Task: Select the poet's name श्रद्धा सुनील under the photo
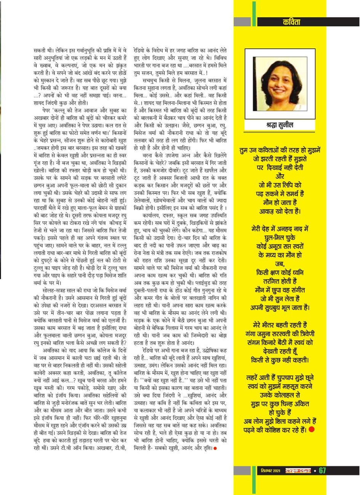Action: [279, 125]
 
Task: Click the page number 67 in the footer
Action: [322, 471]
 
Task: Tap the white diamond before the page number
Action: [315, 471]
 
